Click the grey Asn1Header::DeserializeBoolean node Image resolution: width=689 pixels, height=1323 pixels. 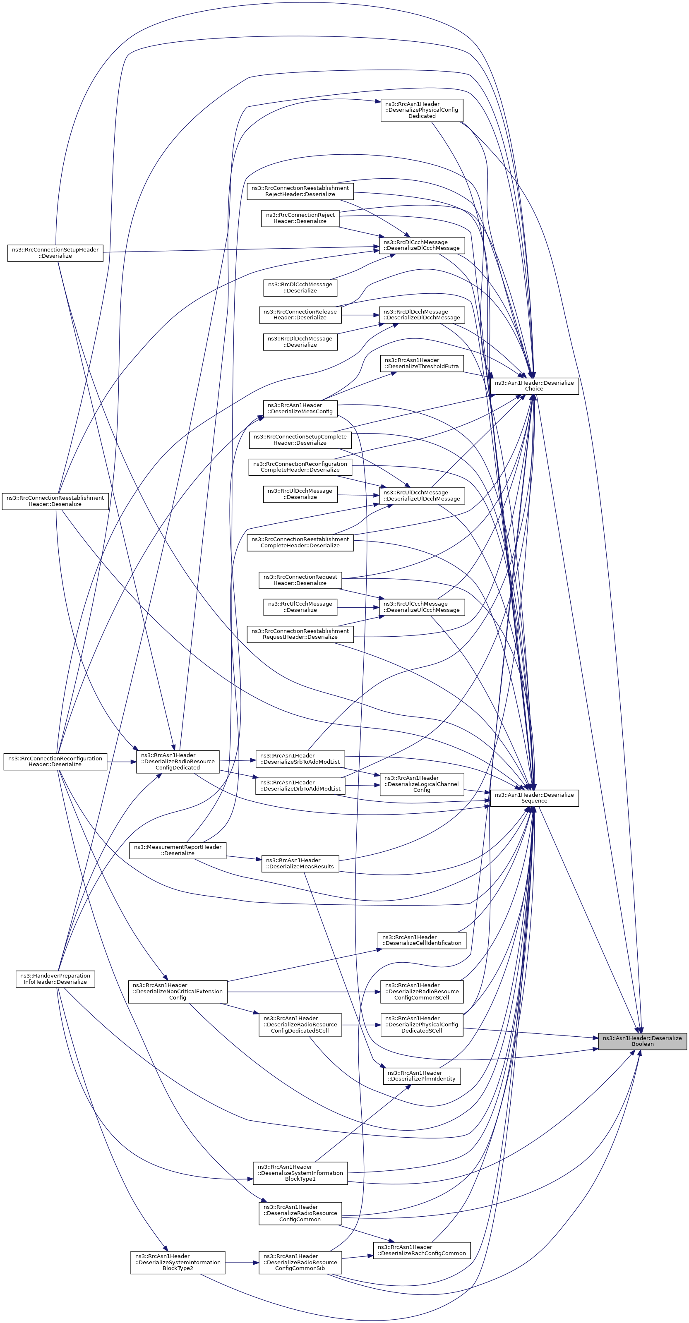click(642, 1040)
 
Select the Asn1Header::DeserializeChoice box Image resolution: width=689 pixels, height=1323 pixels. click(534, 386)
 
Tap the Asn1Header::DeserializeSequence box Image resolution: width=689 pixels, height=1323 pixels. click(534, 798)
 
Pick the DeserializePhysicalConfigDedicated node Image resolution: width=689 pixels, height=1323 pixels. click(421, 110)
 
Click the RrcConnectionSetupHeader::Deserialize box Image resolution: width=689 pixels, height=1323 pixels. click(55, 253)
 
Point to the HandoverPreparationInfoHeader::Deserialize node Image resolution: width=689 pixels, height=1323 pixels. click(55, 978)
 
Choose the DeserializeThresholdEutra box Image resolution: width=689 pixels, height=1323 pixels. click(421, 363)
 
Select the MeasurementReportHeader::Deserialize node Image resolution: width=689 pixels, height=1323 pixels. click(178, 850)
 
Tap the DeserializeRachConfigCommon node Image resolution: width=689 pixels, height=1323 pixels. click(421, 1249)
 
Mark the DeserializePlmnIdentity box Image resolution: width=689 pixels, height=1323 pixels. click(421, 1076)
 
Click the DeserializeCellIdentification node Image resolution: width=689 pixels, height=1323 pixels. click(421, 940)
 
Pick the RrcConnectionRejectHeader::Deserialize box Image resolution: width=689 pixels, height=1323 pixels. click(300, 218)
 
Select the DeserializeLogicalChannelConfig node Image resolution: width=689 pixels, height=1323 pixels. click(421, 784)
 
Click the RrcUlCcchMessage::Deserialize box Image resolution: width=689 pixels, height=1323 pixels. click(300, 606)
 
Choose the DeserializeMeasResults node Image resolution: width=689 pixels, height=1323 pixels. click(300, 863)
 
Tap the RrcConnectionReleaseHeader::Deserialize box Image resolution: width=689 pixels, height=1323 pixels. click(300, 314)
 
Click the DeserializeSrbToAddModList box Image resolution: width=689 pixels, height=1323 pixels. click(300, 759)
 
